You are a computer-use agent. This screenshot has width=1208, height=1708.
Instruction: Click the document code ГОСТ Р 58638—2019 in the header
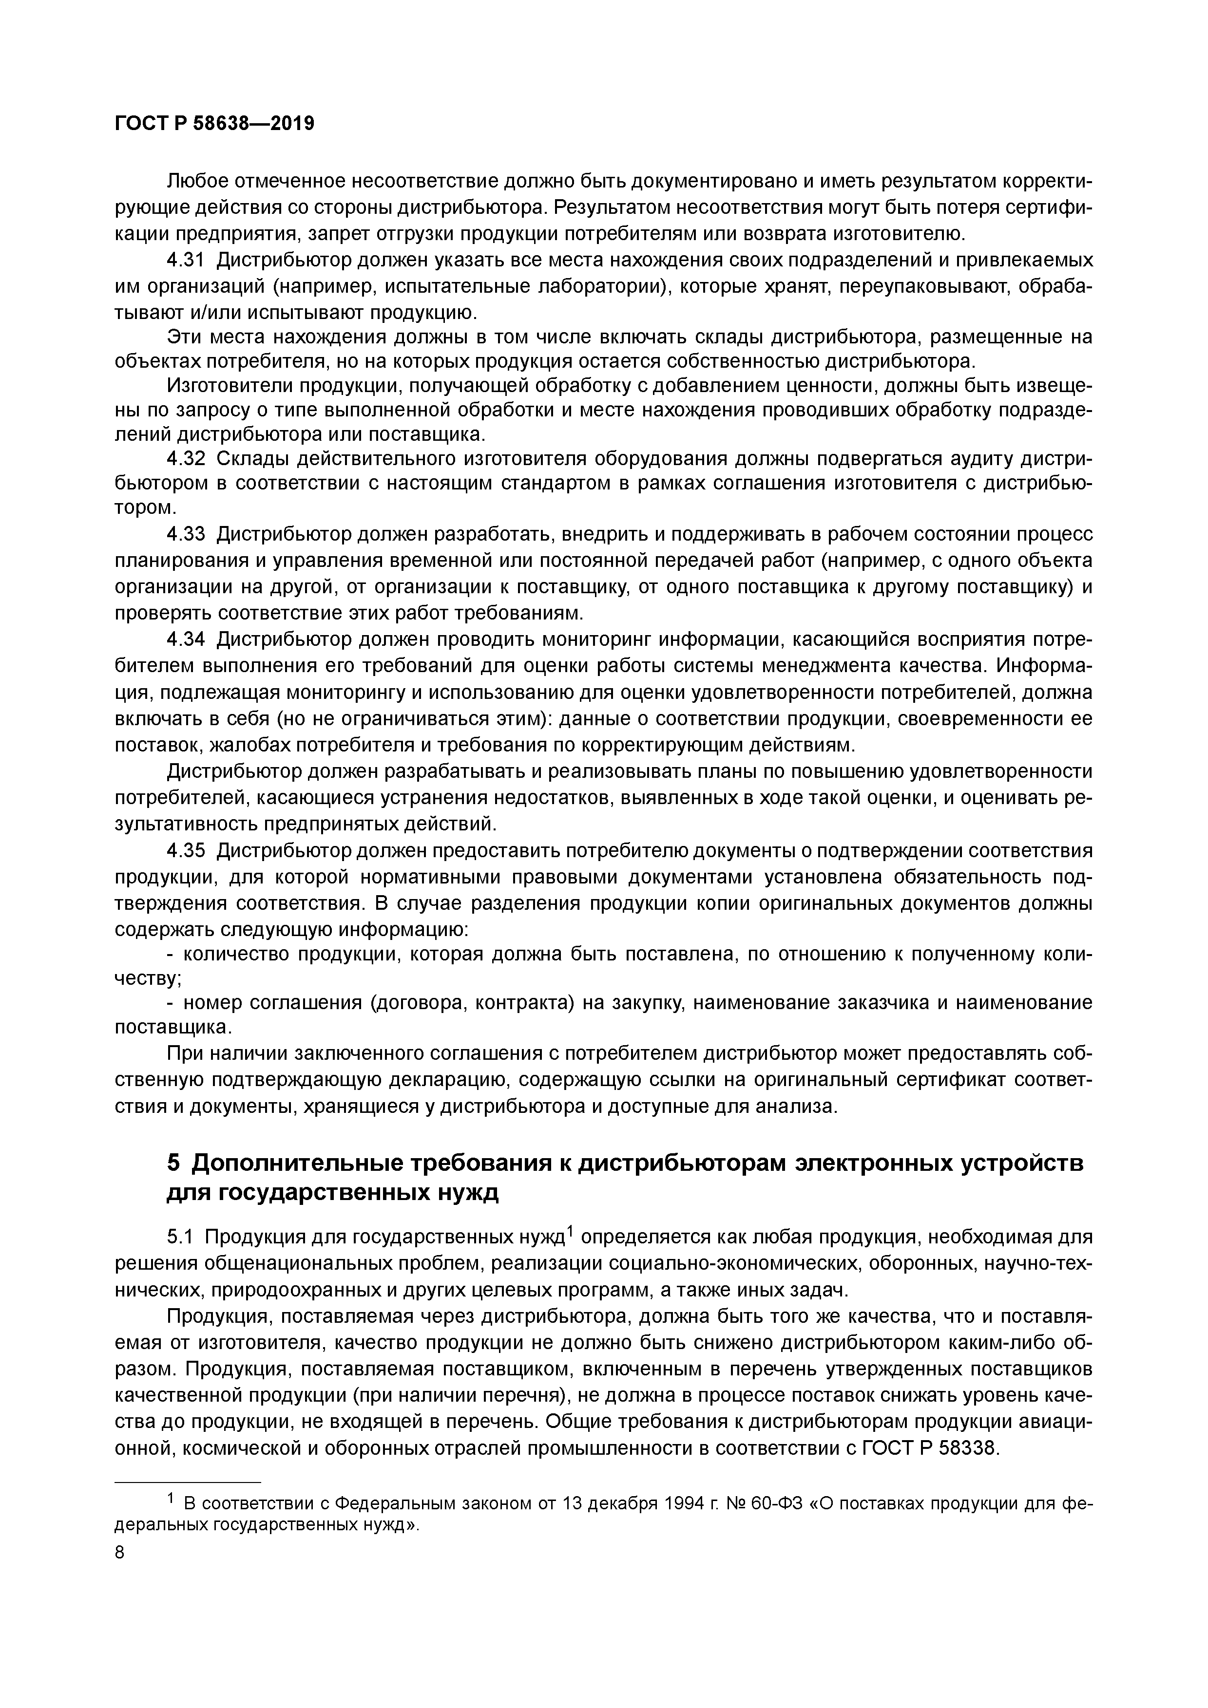pos(214,124)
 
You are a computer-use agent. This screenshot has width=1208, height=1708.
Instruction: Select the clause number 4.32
pos(186,458)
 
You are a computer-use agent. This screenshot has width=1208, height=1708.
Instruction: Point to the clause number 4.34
pos(186,640)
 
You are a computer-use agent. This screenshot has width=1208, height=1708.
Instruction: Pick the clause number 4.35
pos(186,850)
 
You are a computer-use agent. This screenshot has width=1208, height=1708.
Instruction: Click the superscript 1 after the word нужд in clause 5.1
pos(570,1231)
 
